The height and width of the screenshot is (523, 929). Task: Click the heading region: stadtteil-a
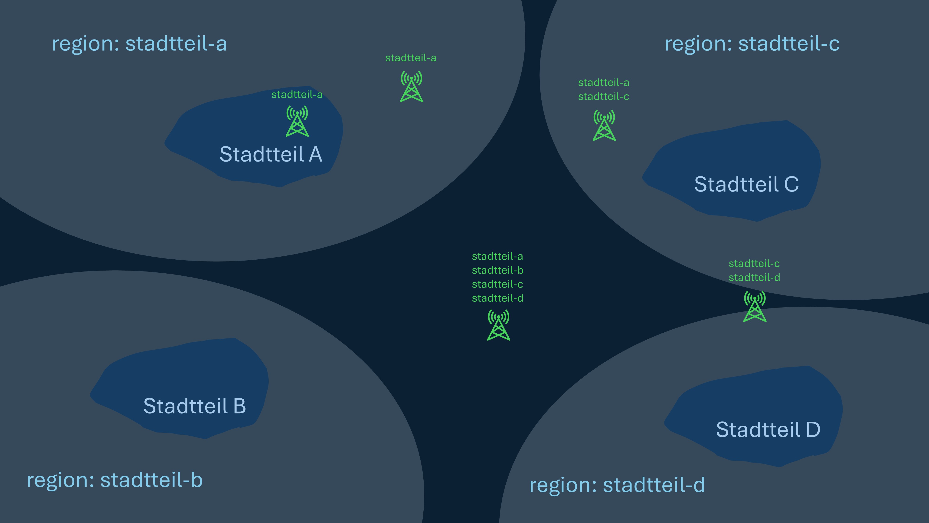coord(139,44)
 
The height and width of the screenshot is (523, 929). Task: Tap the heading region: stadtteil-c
coord(752,44)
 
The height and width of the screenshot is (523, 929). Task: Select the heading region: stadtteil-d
coord(617,485)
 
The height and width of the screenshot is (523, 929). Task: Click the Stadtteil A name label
coord(271,155)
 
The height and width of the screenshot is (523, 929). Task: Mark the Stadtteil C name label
coord(746,184)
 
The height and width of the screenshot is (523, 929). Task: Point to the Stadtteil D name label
coord(768,430)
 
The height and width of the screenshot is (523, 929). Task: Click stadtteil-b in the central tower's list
coord(497,270)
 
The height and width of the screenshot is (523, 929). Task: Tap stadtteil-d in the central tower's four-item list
coord(497,298)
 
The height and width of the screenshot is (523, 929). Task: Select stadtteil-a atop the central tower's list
coord(497,256)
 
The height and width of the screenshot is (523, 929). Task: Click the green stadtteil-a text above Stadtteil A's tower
coord(297,95)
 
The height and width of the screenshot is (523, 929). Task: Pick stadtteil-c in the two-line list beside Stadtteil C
coord(603,97)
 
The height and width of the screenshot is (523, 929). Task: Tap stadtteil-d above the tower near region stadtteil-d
coord(754,278)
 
